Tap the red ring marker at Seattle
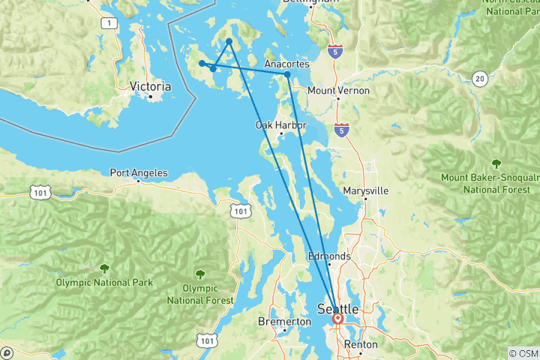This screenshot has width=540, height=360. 337,319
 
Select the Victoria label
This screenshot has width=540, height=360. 150,86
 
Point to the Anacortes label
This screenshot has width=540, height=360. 287,64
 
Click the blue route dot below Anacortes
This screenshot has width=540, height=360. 287,74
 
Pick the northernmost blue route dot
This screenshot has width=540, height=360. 229,42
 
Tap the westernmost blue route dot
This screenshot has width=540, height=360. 202,63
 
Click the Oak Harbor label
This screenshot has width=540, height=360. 280,124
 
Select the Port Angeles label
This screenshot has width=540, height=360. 139,172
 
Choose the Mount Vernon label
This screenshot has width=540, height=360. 338,90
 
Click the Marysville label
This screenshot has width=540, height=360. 365,190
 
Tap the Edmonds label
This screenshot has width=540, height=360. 329,256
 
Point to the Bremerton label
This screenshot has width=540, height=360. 284,322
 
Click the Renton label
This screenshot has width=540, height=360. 359,345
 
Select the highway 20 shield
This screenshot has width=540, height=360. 481,77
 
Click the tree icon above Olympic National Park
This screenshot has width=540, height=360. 103,267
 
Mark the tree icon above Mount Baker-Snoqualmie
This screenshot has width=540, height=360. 496,163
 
